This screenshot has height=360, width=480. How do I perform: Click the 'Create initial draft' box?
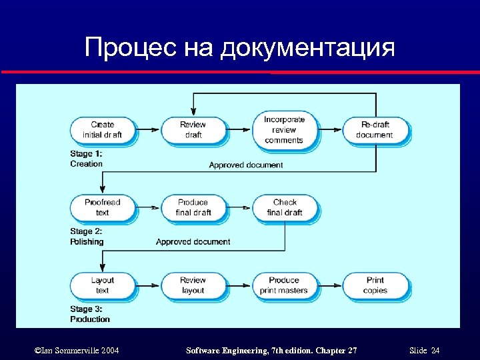tap(102, 129)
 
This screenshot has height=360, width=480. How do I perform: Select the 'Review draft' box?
tap(193, 129)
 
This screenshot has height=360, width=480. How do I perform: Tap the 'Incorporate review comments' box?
tap(283, 129)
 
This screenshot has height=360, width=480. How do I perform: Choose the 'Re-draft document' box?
tap(375, 129)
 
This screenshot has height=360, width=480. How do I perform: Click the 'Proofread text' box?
tap(102, 207)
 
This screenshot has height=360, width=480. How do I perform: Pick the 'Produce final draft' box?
tap(193, 207)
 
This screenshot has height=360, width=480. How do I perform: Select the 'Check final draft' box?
tap(285, 207)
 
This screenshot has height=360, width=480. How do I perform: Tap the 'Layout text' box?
tap(102, 285)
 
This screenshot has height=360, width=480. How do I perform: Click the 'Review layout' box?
tap(193, 285)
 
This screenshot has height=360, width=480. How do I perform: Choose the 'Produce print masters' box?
tap(283, 285)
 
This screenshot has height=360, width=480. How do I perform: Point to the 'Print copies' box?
tap(375, 285)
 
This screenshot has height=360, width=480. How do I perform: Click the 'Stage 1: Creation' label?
tap(87, 159)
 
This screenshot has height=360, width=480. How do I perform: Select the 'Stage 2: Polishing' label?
tap(87, 237)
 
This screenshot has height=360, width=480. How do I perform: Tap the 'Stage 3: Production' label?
tap(89, 314)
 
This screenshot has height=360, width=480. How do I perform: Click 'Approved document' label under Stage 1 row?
tap(245, 165)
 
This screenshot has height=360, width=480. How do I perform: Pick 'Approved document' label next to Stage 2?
tap(193, 242)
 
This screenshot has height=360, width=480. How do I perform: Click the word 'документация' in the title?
tap(307, 48)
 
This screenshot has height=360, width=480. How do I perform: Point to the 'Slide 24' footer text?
tap(425, 351)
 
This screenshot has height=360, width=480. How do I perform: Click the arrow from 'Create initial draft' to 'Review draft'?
tap(148, 129)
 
